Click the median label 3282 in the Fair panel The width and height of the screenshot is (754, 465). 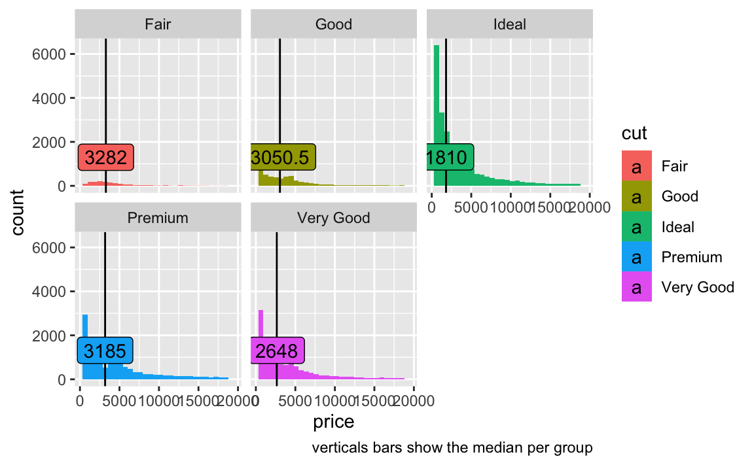coord(106,157)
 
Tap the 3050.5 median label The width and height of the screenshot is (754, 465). coord(283,157)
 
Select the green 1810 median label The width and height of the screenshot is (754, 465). coord(450,157)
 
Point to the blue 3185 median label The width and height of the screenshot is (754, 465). coord(105,351)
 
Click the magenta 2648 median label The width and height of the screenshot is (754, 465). coord(278,351)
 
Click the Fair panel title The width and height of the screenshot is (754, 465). coord(158,24)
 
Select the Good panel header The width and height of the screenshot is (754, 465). coord(334,24)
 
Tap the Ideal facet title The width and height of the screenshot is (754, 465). coord(510,24)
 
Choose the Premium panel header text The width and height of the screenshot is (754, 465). coord(158,218)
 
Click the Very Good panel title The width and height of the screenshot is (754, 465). coord(334,218)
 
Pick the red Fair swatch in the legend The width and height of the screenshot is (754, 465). coord(637,165)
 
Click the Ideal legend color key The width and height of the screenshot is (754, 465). coord(637,226)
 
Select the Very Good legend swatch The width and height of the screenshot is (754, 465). coord(637,286)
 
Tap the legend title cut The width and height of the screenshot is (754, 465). coord(634,133)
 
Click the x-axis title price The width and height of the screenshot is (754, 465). coord(334,421)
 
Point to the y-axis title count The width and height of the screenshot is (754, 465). coord(17,213)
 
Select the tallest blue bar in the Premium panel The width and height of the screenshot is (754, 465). coord(85,347)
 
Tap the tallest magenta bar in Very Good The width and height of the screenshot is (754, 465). coord(260,345)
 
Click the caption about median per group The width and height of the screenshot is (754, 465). coord(452,447)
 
